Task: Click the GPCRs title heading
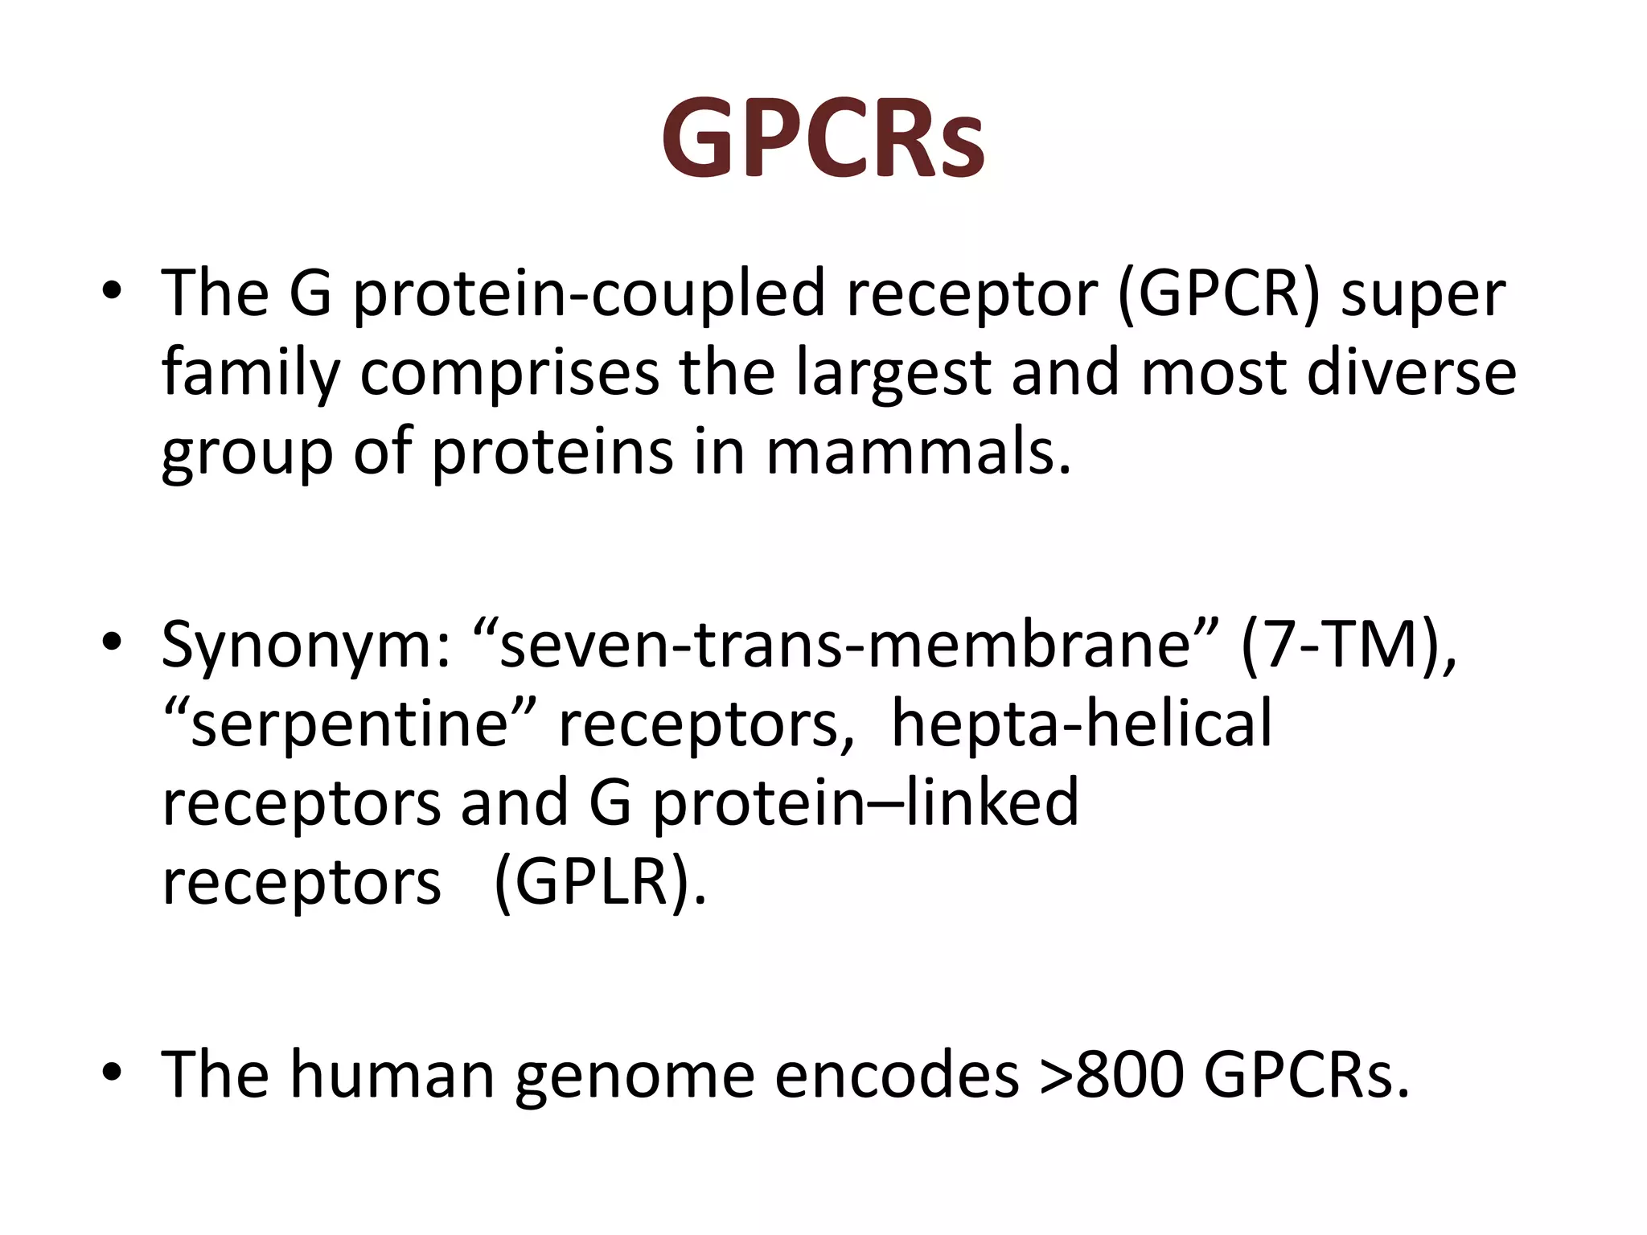click(823, 138)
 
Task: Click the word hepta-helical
click(1082, 724)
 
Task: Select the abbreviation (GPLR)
click(600, 883)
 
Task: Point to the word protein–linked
click(865, 802)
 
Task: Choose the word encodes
click(896, 1076)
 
